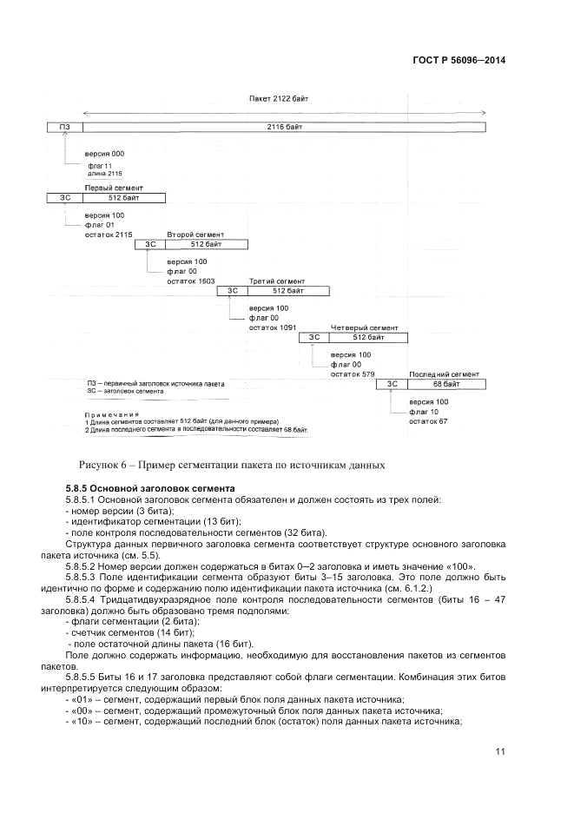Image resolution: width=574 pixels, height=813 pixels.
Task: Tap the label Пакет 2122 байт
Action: tap(279, 99)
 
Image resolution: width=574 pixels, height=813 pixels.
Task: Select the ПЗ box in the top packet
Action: tap(64, 128)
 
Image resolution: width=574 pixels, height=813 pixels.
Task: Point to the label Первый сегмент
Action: tap(113, 188)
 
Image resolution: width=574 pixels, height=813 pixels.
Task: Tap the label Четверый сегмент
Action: tap(364, 328)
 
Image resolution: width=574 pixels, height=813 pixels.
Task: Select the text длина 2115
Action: tap(105, 174)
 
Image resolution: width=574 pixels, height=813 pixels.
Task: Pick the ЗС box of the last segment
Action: tap(392, 384)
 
